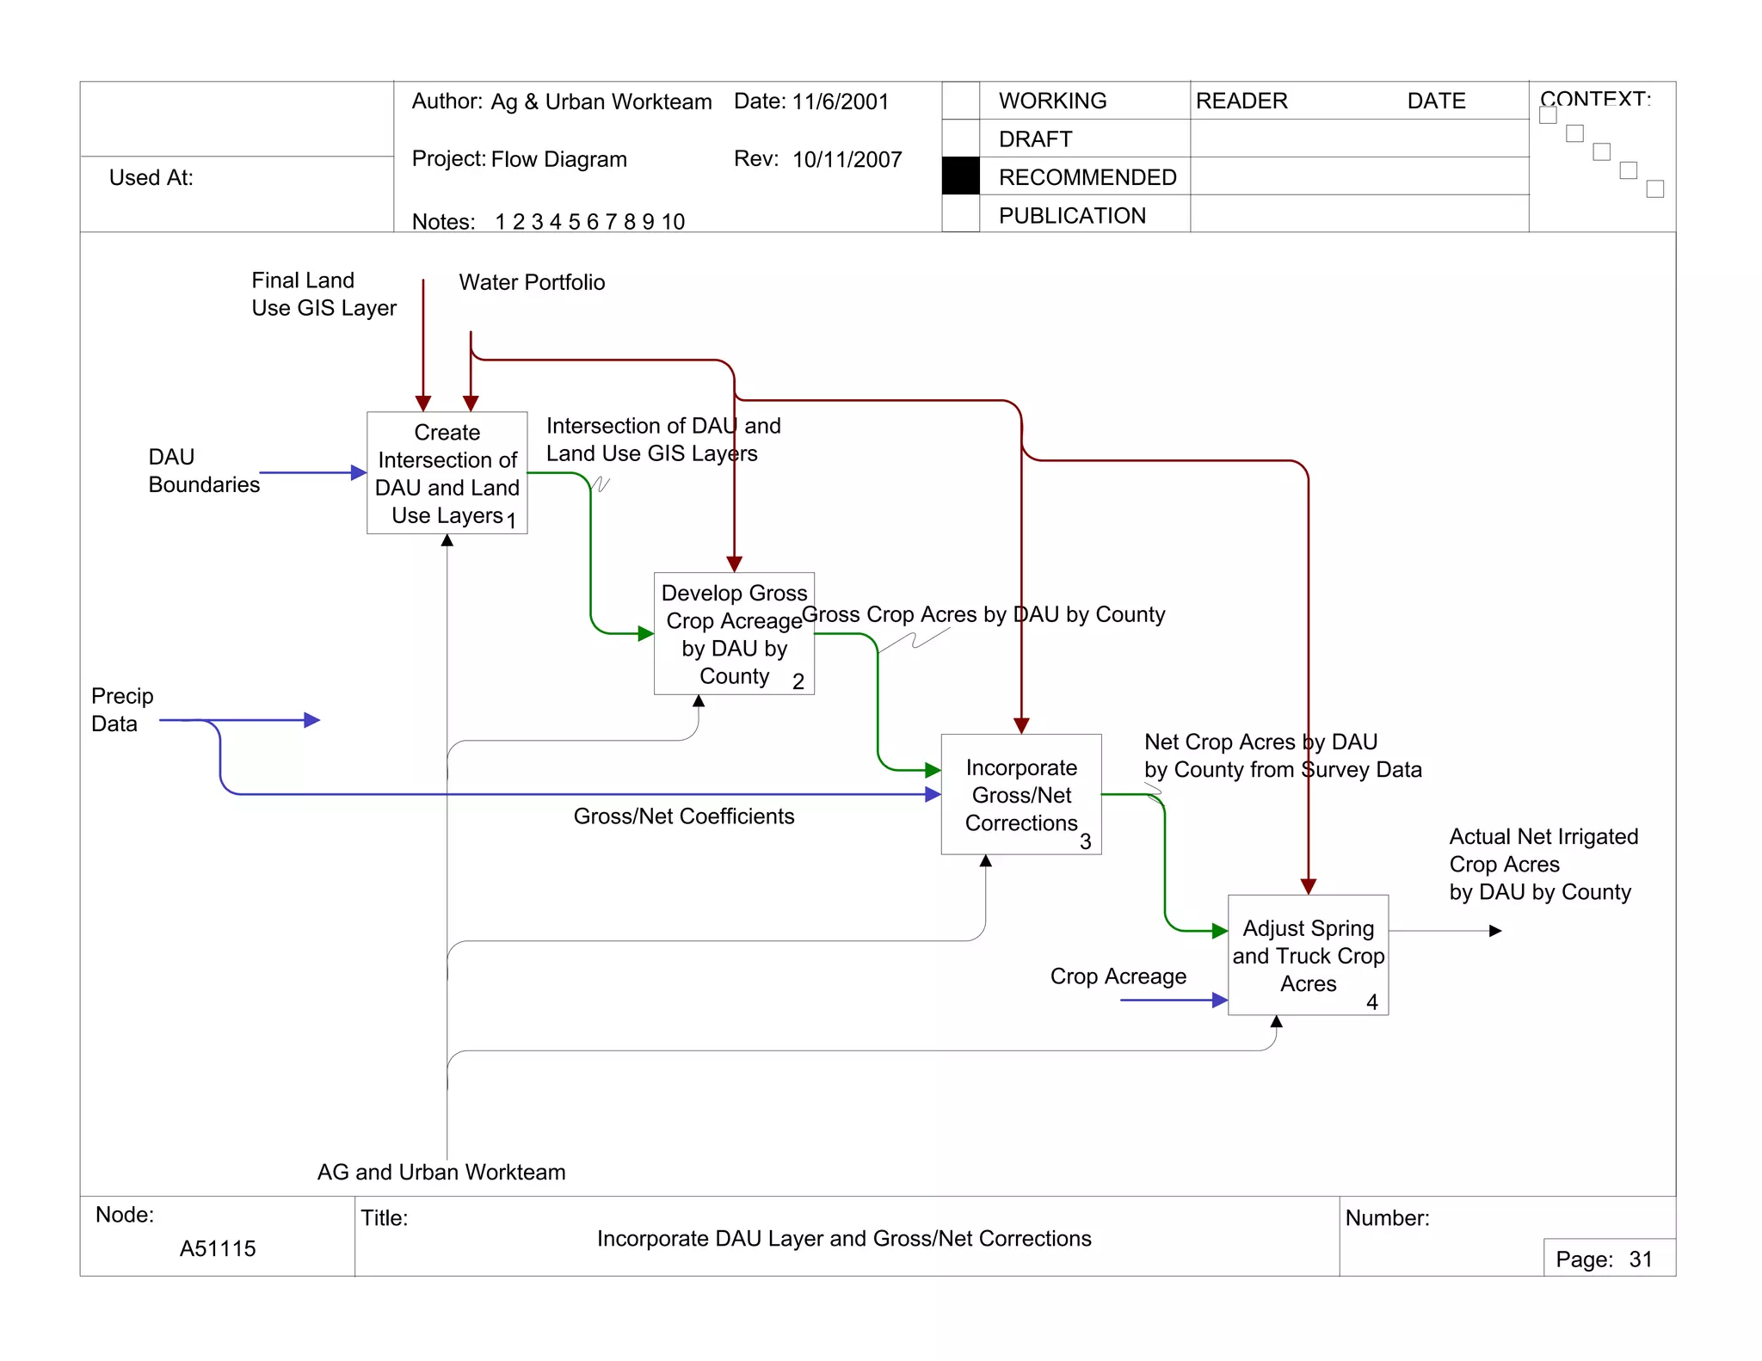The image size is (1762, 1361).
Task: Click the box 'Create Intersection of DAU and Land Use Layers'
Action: (x=447, y=472)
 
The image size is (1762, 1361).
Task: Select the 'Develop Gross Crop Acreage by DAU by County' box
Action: (x=733, y=633)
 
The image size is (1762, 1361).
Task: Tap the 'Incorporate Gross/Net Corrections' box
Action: (x=1020, y=794)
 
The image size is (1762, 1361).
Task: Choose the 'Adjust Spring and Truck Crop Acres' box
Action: (x=1308, y=955)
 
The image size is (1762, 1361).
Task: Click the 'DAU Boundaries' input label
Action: (x=203, y=471)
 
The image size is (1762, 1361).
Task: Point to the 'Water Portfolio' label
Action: (x=532, y=282)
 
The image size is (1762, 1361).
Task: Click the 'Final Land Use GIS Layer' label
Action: (x=323, y=294)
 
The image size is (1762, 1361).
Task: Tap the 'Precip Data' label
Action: (x=121, y=710)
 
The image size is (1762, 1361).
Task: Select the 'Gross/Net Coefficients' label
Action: (x=684, y=816)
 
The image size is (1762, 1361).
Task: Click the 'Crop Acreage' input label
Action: (x=1118, y=976)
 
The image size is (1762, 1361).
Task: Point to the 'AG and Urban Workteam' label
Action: (x=441, y=1172)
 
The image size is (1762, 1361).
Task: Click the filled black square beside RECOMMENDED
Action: (x=960, y=176)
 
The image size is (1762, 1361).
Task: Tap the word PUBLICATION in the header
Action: (x=1072, y=216)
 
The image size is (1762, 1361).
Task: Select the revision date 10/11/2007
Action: (x=847, y=160)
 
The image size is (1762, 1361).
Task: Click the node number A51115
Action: (x=218, y=1248)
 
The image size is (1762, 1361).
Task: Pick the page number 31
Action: (x=1640, y=1259)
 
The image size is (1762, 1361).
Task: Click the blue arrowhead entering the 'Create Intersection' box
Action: (x=359, y=472)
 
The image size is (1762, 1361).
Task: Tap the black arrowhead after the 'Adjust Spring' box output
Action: (x=1495, y=931)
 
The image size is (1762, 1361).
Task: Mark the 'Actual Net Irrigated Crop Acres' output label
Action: (x=1543, y=864)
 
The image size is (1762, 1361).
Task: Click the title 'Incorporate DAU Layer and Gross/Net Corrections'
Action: (x=844, y=1239)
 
